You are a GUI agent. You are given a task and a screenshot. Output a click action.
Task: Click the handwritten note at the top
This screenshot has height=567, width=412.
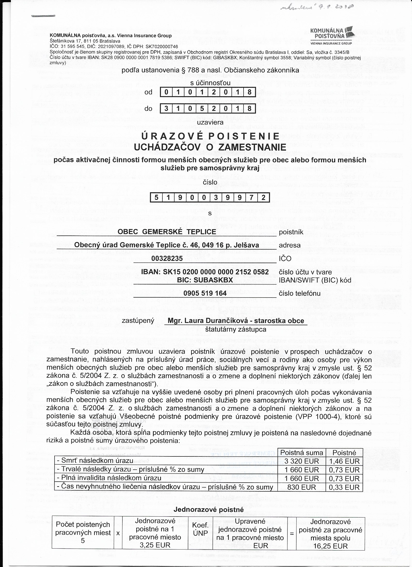[317, 8]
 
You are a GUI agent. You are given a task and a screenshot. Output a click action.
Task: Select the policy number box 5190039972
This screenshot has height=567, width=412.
[210, 197]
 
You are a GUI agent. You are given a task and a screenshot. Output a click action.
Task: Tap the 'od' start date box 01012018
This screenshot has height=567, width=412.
[208, 92]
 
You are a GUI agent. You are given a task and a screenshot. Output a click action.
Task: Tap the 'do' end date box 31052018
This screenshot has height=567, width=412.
[208, 108]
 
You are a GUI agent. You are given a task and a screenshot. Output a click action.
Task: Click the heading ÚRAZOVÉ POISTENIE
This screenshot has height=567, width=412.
[210, 136]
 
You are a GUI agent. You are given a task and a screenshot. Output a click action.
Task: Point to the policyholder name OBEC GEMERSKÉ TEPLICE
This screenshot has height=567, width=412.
[167, 232]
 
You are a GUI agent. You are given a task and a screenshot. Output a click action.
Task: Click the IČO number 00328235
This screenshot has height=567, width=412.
[167, 258]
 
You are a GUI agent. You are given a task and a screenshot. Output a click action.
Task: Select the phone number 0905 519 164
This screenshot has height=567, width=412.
[205, 293]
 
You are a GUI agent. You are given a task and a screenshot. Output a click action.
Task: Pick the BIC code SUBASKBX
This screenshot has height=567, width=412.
[205, 280]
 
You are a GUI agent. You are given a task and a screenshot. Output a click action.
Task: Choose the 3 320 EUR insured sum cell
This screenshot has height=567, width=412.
[301, 461]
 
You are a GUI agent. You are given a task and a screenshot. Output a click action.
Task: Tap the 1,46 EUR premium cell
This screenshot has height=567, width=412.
[344, 461]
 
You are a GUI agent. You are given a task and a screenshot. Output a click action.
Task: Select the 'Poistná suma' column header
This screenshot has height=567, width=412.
[301, 453]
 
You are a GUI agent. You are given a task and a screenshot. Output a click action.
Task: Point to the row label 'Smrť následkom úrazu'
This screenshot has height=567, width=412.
[97, 461]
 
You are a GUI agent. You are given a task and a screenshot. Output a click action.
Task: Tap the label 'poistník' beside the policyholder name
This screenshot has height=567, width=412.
[291, 232]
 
